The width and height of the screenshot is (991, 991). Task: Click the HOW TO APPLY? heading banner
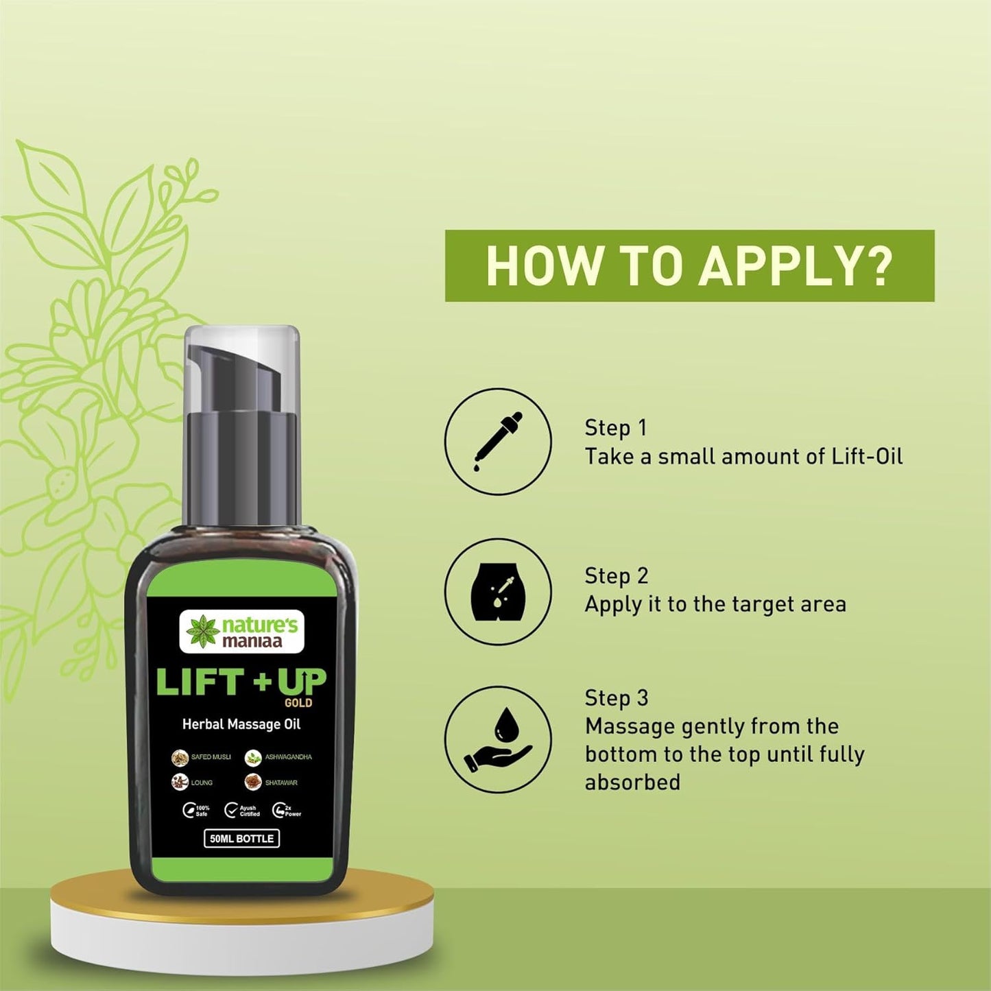[689, 265]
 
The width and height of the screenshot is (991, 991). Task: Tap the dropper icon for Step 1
[498, 442]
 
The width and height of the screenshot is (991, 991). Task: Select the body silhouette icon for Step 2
[498, 591]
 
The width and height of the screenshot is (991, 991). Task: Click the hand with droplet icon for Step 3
[498, 740]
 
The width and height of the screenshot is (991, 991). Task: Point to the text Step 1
[615, 427]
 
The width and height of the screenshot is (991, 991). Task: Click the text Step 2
[616, 575]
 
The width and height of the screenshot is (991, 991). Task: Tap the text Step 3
[616, 697]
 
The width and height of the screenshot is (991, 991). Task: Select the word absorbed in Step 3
[632, 783]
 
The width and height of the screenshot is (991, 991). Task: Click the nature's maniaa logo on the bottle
[241, 632]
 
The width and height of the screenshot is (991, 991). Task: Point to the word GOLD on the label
[298, 703]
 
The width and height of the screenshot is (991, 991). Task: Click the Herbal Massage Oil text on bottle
[241, 724]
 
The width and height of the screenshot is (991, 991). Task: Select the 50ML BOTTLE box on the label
[241, 838]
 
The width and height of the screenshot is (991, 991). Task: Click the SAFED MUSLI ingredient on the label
[202, 757]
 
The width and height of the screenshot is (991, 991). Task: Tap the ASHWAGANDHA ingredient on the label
[278, 757]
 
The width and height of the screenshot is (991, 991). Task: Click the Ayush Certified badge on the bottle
[242, 811]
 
